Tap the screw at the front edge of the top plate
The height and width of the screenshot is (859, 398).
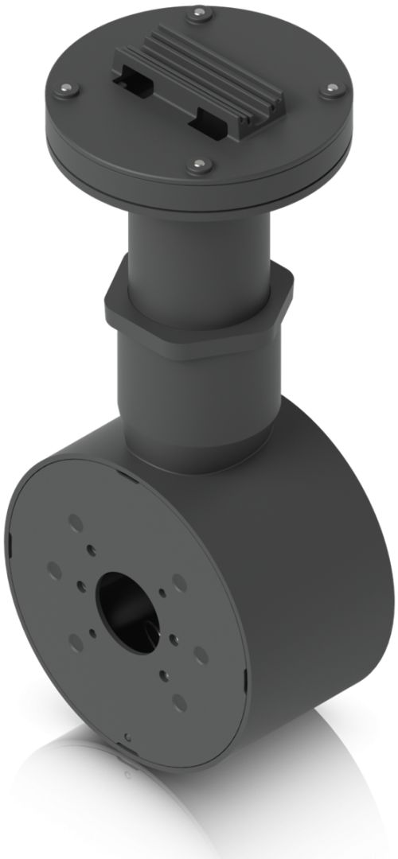coord(197,165)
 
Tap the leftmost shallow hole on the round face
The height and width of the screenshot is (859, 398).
coord(55,569)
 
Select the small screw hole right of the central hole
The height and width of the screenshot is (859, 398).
coord(163,593)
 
